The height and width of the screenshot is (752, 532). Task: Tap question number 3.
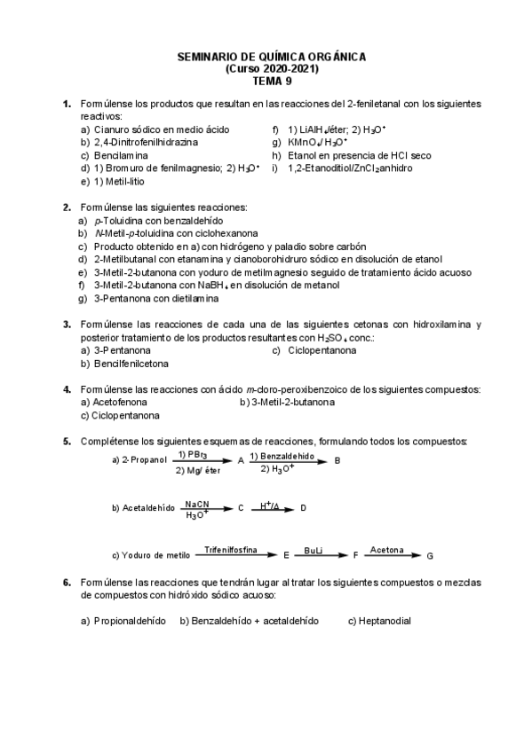click(x=67, y=325)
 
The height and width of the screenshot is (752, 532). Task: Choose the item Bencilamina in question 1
click(x=122, y=154)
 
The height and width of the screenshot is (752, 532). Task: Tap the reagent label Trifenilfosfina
click(x=230, y=551)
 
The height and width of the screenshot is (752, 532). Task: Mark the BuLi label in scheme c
click(x=314, y=551)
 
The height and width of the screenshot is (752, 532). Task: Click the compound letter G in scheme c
click(x=431, y=556)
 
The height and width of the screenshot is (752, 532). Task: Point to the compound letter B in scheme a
click(x=337, y=460)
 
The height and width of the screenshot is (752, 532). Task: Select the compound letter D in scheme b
click(x=303, y=508)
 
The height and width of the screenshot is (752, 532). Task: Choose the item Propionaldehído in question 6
click(x=130, y=621)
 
